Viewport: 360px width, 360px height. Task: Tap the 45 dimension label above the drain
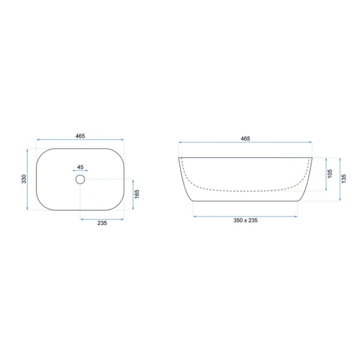(80, 167)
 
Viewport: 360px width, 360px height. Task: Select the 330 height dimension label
(24, 179)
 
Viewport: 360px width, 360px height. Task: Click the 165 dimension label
(137, 194)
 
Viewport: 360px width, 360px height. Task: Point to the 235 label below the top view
(102, 223)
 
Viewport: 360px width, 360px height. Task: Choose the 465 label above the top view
(80, 136)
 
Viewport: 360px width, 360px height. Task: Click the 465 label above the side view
(245, 139)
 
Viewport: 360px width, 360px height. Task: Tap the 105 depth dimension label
(330, 173)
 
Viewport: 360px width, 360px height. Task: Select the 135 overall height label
(344, 179)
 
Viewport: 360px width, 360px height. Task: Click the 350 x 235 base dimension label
(245, 220)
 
